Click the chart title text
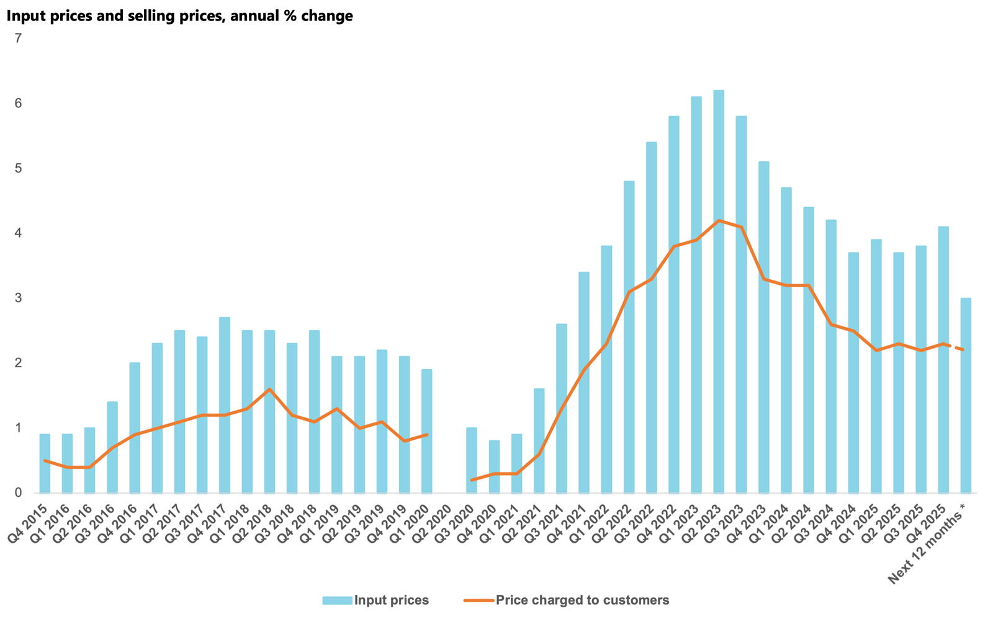click(180, 16)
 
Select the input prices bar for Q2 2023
click(719, 292)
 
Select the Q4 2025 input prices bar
click(943, 360)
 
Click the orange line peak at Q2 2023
click(719, 220)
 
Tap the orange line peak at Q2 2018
click(269, 389)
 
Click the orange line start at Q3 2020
click(472, 480)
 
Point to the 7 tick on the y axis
click(18, 38)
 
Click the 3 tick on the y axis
click(18, 298)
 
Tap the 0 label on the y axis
click(18, 493)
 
